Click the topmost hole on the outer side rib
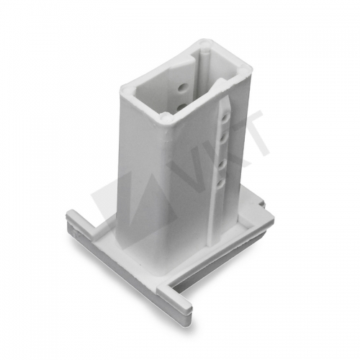tap(225, 118)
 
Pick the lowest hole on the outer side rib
tap(220, 184)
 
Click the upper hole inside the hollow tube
tap(181, 88)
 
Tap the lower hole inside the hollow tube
tap(181, 107)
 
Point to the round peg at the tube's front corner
tap(167, 118)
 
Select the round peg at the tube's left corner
tap(126, 90)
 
